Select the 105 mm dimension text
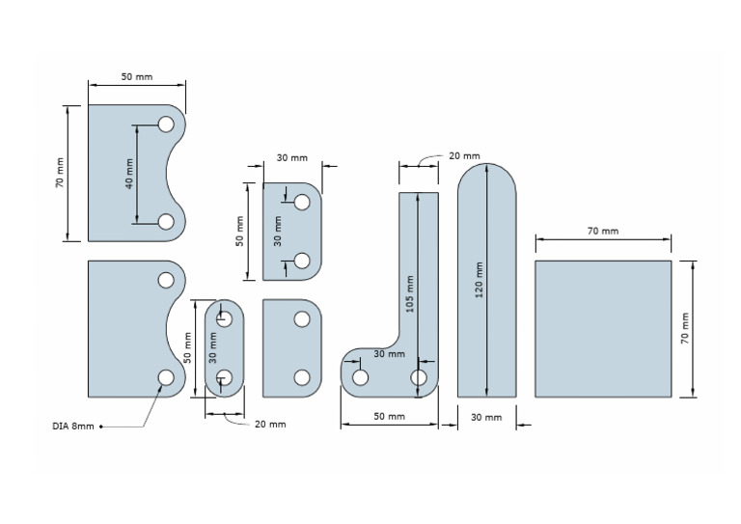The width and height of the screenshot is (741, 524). click(x=409, y=294)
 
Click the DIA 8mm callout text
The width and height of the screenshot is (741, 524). click(x=74, y=426)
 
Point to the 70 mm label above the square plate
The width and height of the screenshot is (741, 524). click(x=603, y=232)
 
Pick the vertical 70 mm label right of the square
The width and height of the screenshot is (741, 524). click(x=685, y=329)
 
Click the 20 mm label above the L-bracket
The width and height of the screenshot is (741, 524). click(x=464, y=155)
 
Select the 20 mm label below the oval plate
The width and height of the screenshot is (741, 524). click(x=270, y=424)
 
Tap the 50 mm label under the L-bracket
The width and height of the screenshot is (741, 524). click(x=389, y=417)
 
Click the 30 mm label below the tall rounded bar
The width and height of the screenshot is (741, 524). click(x=485, y=417)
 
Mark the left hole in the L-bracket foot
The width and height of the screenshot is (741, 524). click(x=360, y=377)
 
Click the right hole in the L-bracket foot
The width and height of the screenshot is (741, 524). click(x=420, y=377)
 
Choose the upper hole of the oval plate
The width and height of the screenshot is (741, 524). click(x=225, y=318)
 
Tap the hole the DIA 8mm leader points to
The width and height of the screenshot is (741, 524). click(x=166, y=377)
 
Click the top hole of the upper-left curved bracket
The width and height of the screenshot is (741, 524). click(x=166, y=124)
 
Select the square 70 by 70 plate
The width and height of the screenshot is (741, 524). click(x=603, y=328)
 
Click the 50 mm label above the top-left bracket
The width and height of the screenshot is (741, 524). click(x=136, y=76)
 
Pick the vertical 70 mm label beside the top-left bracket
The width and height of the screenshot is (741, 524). click(x=59, y=173)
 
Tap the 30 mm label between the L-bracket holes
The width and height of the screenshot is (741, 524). click(x=389, y=354)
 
